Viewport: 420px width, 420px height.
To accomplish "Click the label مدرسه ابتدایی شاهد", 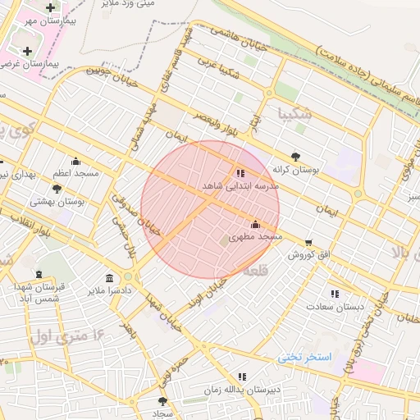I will pyautogui.click(x=240, y=186).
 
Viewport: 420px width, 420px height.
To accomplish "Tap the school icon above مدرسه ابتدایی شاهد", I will pyautogui.click(x=240, y=173).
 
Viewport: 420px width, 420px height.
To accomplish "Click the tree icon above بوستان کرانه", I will pyautogui.click(x=295, y=156).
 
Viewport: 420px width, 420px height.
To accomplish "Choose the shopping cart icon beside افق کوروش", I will pyautogui.click(x=308, y=242).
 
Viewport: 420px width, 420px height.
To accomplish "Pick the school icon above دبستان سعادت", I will pyautogui.click(x=334, y=294).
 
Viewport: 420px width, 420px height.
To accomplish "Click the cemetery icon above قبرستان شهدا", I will pyautogui.click(x=39, y=274).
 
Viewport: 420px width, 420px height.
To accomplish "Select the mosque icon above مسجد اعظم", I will pyautogui.click(x=76, y=161).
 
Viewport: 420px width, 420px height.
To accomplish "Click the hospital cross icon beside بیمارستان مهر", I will pyautogui.click(x=50, y=7).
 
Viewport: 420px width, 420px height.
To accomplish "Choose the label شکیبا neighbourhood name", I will pyautogui.click(x=294, y=112).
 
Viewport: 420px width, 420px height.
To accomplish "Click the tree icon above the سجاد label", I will pyautogui.click(x=162, y=401).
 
